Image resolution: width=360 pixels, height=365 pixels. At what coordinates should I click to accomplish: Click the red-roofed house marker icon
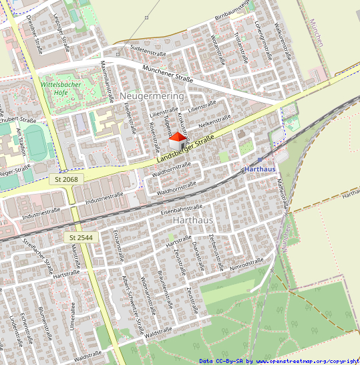click(177, 141)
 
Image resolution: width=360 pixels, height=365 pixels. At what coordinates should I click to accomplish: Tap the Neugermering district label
click(152, 96)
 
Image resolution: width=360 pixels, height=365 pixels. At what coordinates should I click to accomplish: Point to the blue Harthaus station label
click(260, 170)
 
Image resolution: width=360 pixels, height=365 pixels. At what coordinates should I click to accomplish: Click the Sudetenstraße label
click(148, 51)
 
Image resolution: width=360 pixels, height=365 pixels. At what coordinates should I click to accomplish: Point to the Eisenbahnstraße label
click(182, 209)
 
